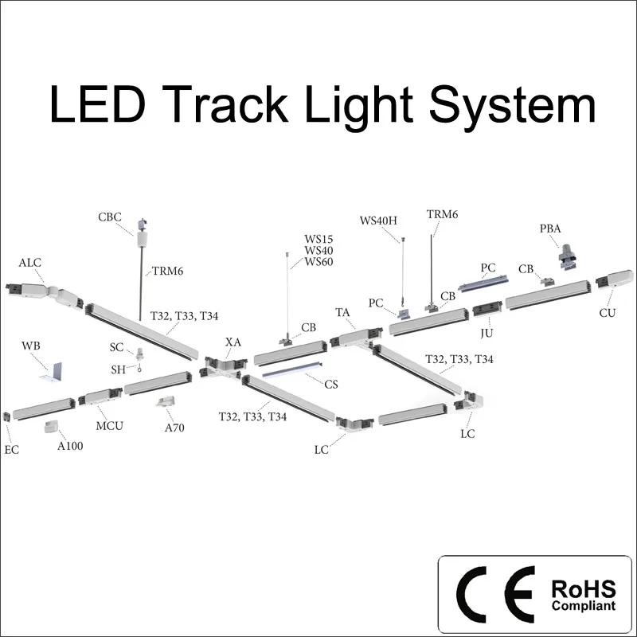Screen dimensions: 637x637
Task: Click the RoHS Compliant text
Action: click(x=583, y=595)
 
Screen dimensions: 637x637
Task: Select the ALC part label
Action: click(x=30, y=263)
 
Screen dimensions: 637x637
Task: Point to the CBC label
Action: click(x=110, y=217)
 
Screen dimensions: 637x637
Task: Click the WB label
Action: click(x=31, y=346)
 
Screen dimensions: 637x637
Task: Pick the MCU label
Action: click(x=110, y=425)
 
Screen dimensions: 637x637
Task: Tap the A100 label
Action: click(x=70, y=446)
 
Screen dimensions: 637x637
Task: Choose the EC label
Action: click(x=11, y=450)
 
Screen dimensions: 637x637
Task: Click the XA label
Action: click(x=233, y=342)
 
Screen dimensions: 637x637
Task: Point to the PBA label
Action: click(x=550, y=229)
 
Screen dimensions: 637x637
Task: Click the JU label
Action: click(x=487, y=328)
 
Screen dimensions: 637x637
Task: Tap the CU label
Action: click(x=608, y=313)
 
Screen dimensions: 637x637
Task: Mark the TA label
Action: click(x=343, y=313)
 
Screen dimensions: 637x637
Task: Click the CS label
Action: click(x=331, y=384)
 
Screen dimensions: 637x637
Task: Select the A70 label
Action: click(x=174, y=428)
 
